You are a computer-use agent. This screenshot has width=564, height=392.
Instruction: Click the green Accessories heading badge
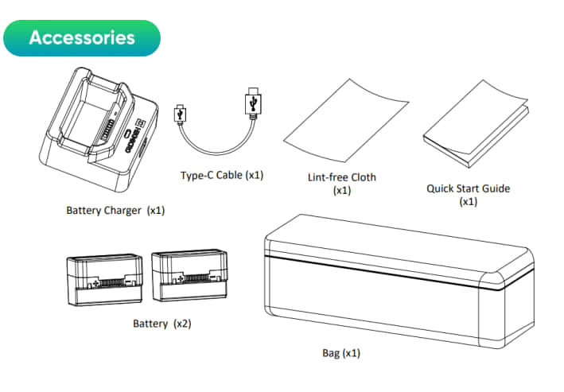tap(82, 38)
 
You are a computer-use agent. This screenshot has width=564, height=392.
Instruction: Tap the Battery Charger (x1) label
tap(115, 211)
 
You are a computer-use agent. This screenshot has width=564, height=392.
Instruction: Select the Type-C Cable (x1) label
tap(222, 174)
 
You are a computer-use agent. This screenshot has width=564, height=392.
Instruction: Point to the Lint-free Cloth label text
tap(341, 177)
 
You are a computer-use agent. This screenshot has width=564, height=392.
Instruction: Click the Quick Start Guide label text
tap(468, 188)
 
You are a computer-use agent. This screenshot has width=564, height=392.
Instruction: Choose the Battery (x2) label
tap(162, 324)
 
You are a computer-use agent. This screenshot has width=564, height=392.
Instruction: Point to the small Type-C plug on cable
tap(181, 114)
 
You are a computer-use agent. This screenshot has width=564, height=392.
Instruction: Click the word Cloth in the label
tap(362, 177)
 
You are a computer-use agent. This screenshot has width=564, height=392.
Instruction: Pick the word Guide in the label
tap(496, 188)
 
